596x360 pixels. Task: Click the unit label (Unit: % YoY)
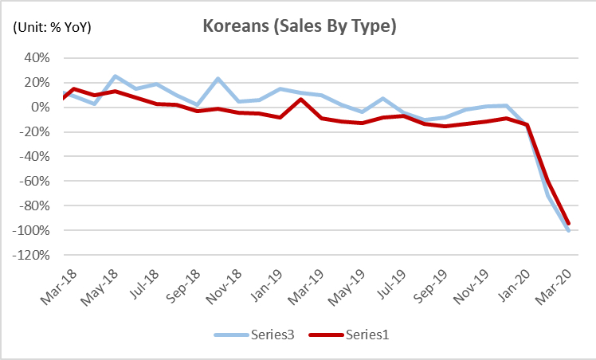[52, 27]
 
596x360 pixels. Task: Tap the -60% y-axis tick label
[37, 182]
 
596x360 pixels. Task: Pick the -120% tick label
[34, 256]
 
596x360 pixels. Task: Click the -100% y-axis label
[34, 231]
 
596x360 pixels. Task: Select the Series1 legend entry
[361, 335]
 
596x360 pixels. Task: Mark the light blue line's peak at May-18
[116, 76]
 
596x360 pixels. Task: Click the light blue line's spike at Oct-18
[218, 79]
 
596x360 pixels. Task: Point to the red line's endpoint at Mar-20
[569, 225]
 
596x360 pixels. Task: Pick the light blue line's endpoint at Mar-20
[569, 231]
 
